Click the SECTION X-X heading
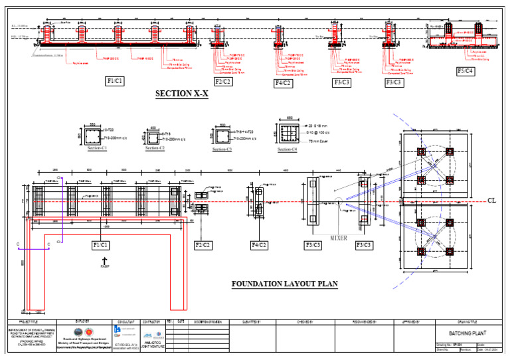point(182,94)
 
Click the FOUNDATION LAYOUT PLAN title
point(284,284)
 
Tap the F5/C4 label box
point(465,71)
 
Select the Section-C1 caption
point(98,149)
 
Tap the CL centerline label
point(492,200)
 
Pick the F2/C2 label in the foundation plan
point(203,246)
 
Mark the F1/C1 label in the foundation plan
point(103,246)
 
